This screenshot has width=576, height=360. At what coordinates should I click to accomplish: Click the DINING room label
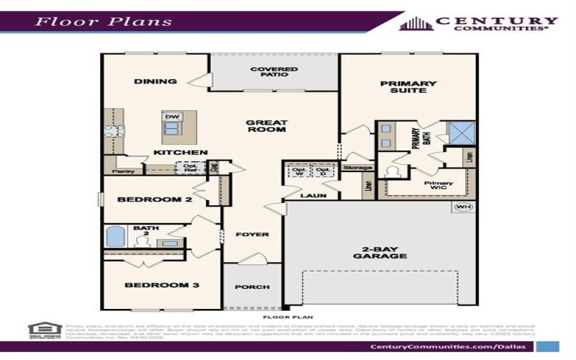pos(156,81)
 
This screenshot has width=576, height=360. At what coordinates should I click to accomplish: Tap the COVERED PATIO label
pos(274,73)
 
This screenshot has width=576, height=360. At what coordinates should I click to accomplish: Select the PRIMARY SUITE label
pos(408,86)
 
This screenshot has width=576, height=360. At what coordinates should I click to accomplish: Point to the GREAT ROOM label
pos(266,126)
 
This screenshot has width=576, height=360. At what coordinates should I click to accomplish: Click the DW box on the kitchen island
pos(171,117)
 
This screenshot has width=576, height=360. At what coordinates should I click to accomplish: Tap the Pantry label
pos(124,171)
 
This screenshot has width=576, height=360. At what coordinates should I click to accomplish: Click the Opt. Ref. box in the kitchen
pos(190,168)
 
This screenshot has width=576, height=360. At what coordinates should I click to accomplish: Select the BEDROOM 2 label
pos(154,199)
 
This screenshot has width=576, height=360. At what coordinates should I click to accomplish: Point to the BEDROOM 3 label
pos(162,286)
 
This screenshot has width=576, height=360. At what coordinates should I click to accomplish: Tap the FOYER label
pos(252,235)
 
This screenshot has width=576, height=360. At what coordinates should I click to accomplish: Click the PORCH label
pos(252,287)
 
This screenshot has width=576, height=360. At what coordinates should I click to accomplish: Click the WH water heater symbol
pos(463,207)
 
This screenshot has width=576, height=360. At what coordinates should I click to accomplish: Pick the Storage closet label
pos(358,168)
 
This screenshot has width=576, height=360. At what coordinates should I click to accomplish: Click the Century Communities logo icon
pos(415,23)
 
